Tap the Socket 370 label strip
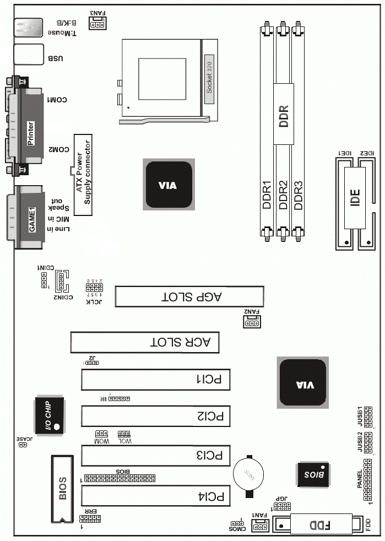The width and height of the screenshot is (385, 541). coord(209,79)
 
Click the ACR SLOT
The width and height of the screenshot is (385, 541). coord(145,342)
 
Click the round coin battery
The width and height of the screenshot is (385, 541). coord(250,474)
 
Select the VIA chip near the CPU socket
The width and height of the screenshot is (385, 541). coord(169,185)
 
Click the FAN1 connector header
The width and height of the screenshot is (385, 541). coord(259,527)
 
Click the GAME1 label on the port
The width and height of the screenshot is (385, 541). coord(32,218)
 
